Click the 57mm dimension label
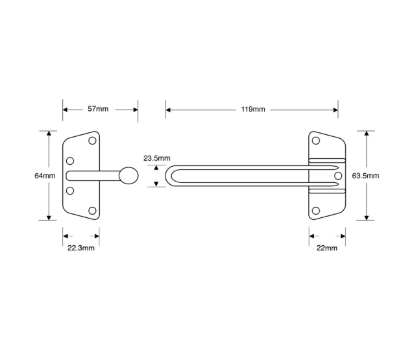pyautogui.click(x=98, y=109)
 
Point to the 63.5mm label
pyautogui.click(x=365, y=176)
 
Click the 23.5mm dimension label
pyautogui.click(x=156, y=158)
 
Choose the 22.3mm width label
pyautogui.click(x=82, y=248)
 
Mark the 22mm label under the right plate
pyautogui.click(x=327, y=248)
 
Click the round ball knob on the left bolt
pyautogui.click(x=128, y=176)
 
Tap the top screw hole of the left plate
pyautogui.click(x=93, y=140)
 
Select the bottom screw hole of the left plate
pyautogui.click(x=93, y=211)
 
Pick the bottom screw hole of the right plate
pyautogui.click(x=317, y=210)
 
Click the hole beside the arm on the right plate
pyautogui.click(x=337, y=176)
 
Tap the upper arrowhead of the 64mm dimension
pyautogui.click(x=49, y=133)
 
